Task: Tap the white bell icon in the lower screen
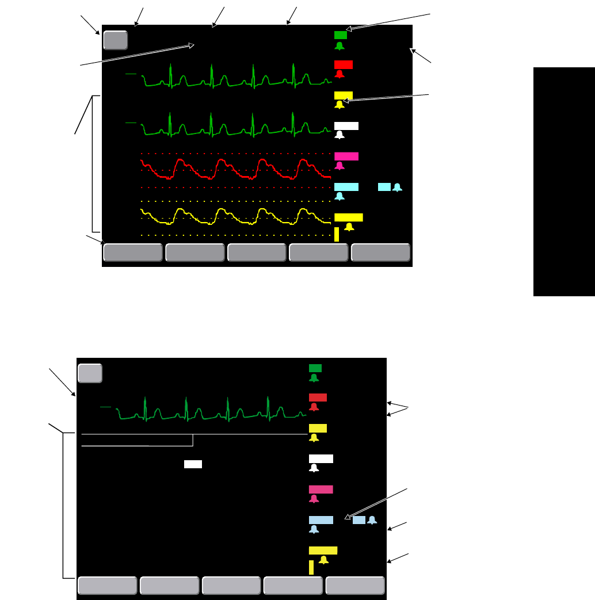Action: (314, 468)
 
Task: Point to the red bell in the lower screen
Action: (314, 407)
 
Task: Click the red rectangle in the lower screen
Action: (318, 397)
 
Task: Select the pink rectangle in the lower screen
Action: (321, 489)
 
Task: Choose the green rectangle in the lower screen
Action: (315, 368)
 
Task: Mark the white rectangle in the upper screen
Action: (346, 125)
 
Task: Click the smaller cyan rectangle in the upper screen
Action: (384, 187)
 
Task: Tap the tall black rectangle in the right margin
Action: (564, 182)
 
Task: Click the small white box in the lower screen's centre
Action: (193, 464)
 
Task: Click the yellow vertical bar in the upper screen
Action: (337, 234)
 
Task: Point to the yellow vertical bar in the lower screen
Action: (311, 567)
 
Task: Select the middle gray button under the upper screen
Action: (257, 253)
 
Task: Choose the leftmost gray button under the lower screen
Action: (107, 586)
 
